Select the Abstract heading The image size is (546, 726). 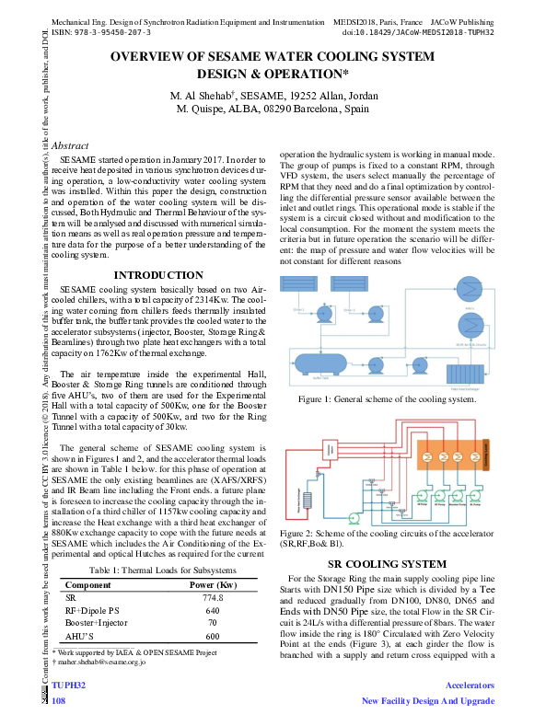tap(70, 145)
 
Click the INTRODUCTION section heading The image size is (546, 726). tap(157, 274)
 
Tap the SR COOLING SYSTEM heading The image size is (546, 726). tap(387, 563)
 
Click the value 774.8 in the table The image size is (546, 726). tap(213, 596)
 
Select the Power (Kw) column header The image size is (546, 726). tap(213, 583)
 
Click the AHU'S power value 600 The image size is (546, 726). tap(213, 635)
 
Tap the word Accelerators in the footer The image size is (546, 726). tap(470, 686)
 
